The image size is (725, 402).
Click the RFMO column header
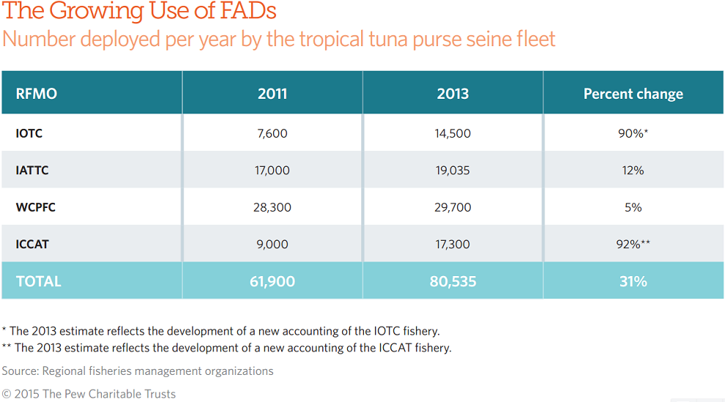point(37,94)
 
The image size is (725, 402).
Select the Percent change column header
point(633,94)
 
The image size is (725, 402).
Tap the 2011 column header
point(272,94)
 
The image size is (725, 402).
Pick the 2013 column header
point(453,94)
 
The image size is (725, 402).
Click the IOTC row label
point(29,133)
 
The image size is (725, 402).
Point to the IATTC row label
point(32,171)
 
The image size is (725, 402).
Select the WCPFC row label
point(35,207)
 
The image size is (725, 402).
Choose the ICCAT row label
point(32,245)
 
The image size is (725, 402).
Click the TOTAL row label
point(38,281)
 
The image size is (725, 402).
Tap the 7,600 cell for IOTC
point(272,133)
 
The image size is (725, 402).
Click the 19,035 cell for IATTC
point(453,171)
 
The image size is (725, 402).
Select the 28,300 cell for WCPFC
point(272,207)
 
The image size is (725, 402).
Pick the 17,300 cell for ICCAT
point(453,245)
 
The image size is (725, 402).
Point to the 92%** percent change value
point(633,245)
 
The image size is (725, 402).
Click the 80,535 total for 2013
point(453,281)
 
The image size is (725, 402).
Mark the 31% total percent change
point(633,281)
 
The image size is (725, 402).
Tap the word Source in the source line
point(20,371)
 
